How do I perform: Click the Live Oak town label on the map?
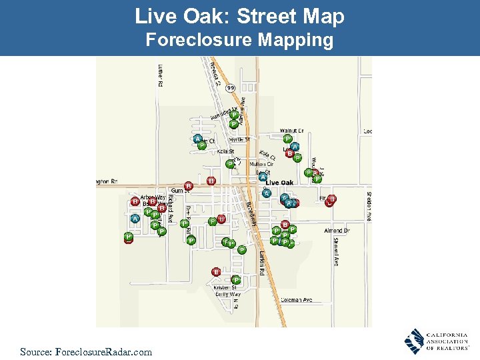[x=280, y=182]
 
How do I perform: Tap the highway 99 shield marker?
[x=230, y=87]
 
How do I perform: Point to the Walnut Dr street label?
[x=292, y=131]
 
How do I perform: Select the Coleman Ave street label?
[x=297, y=300]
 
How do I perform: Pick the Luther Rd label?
[x=161, y=75]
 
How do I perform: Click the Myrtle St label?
[x=239, y=140]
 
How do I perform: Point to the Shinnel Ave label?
[x=335, y=252]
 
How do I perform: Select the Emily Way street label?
[x=227, y=294]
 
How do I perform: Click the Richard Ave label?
[x=170, y=209]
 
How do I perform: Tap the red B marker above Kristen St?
[x=216, y=271]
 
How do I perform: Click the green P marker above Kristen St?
[x=236, y=280]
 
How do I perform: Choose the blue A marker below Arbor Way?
[x=135, y=218]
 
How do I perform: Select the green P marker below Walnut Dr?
[x=287, y=139]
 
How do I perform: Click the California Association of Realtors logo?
[x=436, y=341]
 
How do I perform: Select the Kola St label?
[x=225, y=151]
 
